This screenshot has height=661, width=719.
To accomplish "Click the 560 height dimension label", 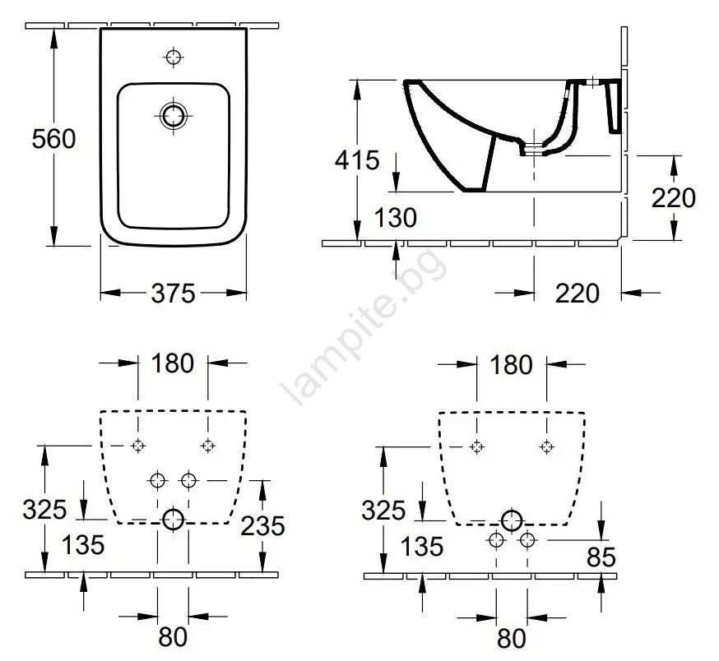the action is pyautogui.click(x=53, y=138).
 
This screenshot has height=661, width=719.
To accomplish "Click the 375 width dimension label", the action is pyautogui.click(x=174, y=293).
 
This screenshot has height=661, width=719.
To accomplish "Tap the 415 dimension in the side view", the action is pyautogui.click(x=357, y=160).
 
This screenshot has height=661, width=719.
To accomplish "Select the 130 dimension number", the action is pyautogui.click(x=395, y=217).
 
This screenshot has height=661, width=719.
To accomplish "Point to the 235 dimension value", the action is pyautogui.click(x=262, y=526).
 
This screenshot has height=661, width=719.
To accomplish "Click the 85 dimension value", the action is pyautogui.click(x=601, y=557).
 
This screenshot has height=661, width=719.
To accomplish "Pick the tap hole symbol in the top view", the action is pyautogui.click(x=174, y=58).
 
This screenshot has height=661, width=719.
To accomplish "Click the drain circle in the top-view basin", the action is pyautogui.click(x=174, y=116).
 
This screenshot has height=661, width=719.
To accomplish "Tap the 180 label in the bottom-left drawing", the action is pyautogui.click(x=173, y=363).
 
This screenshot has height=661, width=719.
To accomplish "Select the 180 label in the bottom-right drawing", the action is pyautogui.click(x=511, y=365).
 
